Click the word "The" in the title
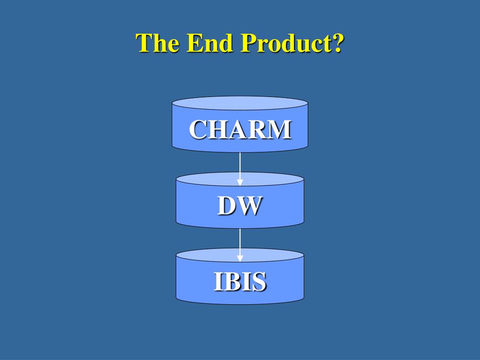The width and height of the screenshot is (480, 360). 158,43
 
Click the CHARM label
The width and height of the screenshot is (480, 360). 240,129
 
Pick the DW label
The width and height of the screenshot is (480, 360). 240,206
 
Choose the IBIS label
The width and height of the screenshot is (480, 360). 240,282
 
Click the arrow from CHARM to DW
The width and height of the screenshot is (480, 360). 240,166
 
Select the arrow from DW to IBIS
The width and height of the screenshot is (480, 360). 240,242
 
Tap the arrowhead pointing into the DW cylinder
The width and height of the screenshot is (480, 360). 240,182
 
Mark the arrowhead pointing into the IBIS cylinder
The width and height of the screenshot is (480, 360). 240,258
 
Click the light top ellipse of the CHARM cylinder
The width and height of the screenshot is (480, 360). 240,103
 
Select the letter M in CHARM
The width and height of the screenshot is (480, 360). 281,129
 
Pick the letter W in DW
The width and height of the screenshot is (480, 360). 249,206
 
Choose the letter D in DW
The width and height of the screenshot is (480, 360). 226,206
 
